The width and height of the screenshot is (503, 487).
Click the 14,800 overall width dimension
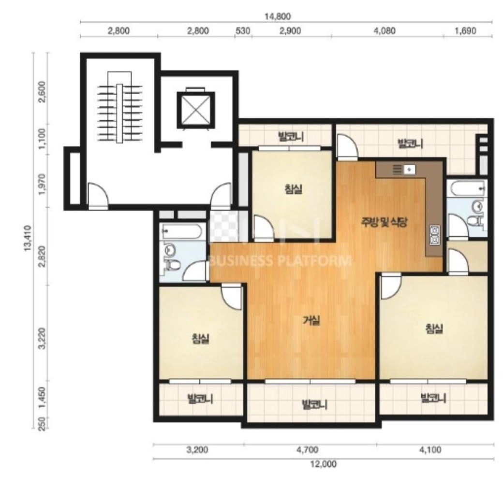pos(278,15)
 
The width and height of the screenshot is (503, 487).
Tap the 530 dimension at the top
pos(243,31)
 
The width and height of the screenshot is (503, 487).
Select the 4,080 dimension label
pos(385,31)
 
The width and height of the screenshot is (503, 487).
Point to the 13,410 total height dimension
pos(28,238)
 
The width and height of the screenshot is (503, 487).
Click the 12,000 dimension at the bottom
pos(323,464)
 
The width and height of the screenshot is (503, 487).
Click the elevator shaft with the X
pos(196,110)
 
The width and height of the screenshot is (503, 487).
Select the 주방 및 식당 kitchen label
pos(384,222)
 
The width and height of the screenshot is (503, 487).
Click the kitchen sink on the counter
pos(410,169)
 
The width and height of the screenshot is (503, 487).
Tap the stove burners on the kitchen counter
pos(435,235)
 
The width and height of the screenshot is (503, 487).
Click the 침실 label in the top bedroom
pos(293,189)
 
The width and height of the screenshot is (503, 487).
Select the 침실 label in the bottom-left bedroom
pos(201,338)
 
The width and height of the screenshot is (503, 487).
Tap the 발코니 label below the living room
pos(314,405)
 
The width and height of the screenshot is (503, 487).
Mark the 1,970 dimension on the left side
pos(42,184)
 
